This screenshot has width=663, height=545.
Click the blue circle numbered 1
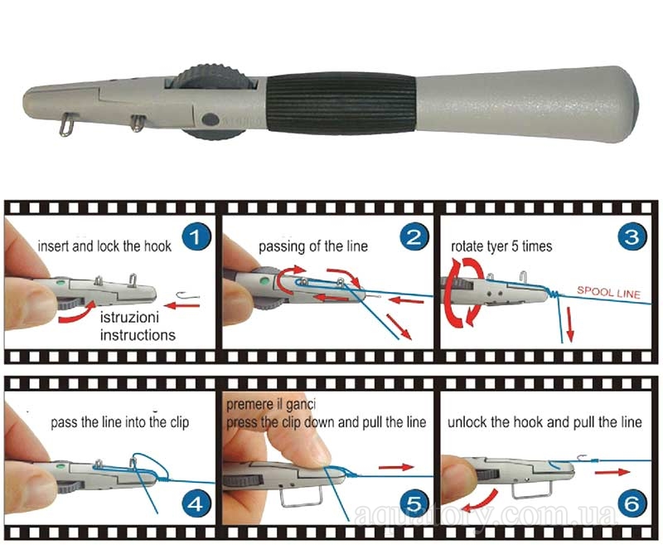(x=196, y=237)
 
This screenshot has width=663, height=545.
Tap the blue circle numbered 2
(x=414, y=237)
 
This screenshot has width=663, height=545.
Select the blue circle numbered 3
(x=632, y=237)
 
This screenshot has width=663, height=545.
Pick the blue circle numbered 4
(x=196, y=504)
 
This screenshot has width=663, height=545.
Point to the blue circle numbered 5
(x=414, y=504)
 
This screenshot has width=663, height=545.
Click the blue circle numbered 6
(x=632, y=504)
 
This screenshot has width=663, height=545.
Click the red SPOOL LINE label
(x=609, y=292)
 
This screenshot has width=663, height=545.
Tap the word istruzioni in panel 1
(x=129, y=318)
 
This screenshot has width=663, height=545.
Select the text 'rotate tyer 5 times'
(x=501, y=246)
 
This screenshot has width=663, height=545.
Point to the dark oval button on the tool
(x=211, y=119)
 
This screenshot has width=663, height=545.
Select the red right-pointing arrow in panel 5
(x=396, y=467)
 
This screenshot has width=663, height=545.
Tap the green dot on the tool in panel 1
(x=60, y=282)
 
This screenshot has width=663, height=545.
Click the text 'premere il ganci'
(x=271, y=405)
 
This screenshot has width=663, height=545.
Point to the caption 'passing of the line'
(x=313, y=246)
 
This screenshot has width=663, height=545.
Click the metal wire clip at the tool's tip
(x=65, y=124)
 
